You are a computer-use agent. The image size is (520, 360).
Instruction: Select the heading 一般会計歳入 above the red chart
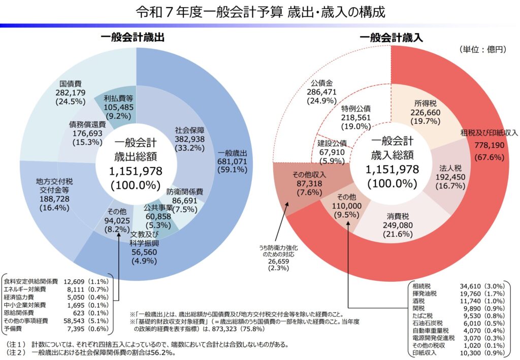(x=391, y=37)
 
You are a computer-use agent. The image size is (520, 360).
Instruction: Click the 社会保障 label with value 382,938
(x=189, y=129)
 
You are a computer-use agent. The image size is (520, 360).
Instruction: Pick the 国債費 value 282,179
(x=72, y=92)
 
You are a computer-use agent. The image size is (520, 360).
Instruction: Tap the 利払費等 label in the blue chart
(x=118, y=98)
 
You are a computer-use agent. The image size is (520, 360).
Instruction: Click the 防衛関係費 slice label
(x=185, y=192)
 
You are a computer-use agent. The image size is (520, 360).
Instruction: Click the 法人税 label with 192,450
(x=449, y=168)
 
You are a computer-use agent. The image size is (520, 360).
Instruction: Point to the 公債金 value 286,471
(x=321, y=92)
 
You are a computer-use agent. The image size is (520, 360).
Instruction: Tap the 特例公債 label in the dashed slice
(x=356, y=109)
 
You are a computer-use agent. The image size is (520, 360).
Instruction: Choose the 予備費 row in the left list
(x=56, y=330)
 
